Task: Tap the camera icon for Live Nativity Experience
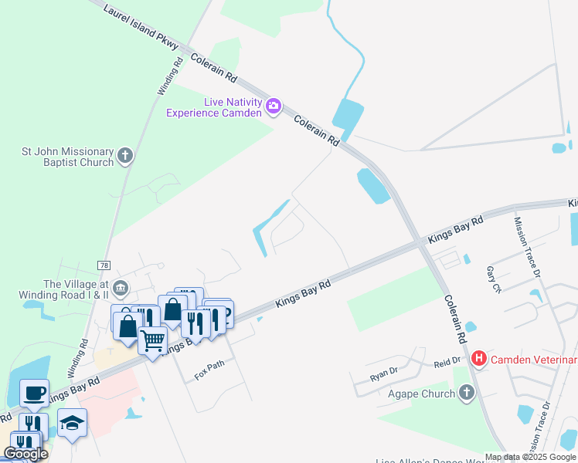(x=272, y=106)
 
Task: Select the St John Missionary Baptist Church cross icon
(x=126, y=157)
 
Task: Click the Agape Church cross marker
(x=465, y=393)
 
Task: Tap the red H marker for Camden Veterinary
(x=479, y=359)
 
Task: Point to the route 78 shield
(x=104, y=265)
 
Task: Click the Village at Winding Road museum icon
(x=121, y=289)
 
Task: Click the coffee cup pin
(x=34, y=392)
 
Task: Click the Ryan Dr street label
(x=382, y=377)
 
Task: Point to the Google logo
(x=26, y=454)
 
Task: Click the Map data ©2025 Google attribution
(x=530, y=457)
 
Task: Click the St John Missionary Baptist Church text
(x=58, y=157)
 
